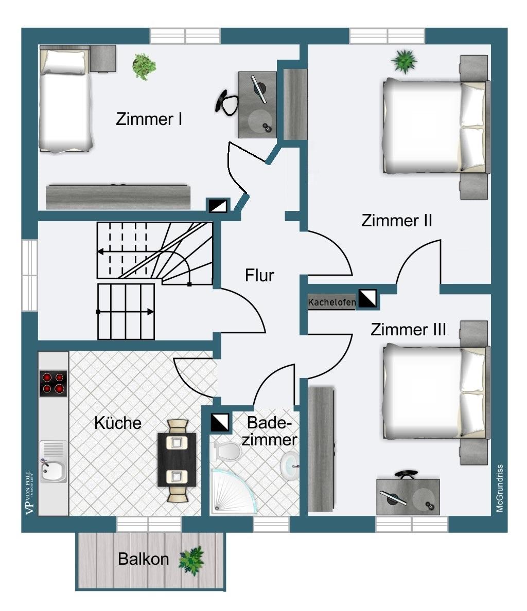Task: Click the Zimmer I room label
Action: pos(149,119)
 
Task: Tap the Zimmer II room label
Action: pos(396,221)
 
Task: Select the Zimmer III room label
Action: pos(408,329)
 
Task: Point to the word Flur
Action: pos(259,276)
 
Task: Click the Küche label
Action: pos(117,423)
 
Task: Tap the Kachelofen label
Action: pos(331,302)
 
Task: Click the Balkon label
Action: pos(143,559)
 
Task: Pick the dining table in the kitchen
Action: pos(177,460)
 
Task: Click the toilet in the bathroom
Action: pos(227,452)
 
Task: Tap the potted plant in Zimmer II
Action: pos(404,61)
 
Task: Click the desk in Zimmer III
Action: pos(408,497)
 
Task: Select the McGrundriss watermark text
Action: pos(499,488)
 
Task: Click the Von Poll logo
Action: pos(31,492)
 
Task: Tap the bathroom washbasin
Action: pos(291,465)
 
